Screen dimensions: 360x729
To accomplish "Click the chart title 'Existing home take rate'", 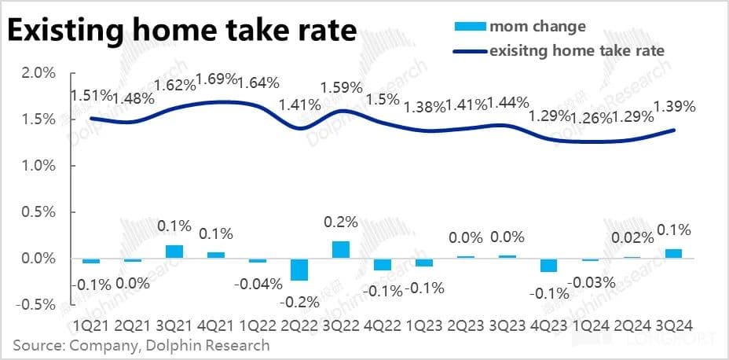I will tap(182, 31).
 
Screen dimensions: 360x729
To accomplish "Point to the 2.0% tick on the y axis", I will tap(37, 73).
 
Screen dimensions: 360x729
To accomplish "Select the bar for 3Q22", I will tap(341, 249).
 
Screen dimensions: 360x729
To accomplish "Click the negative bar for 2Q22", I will tap(299, 269).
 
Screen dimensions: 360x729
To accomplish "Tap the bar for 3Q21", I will tap(175, 252).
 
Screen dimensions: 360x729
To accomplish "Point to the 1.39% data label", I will tap(674, 106).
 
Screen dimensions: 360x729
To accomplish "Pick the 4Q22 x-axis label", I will tap(383, 325).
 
